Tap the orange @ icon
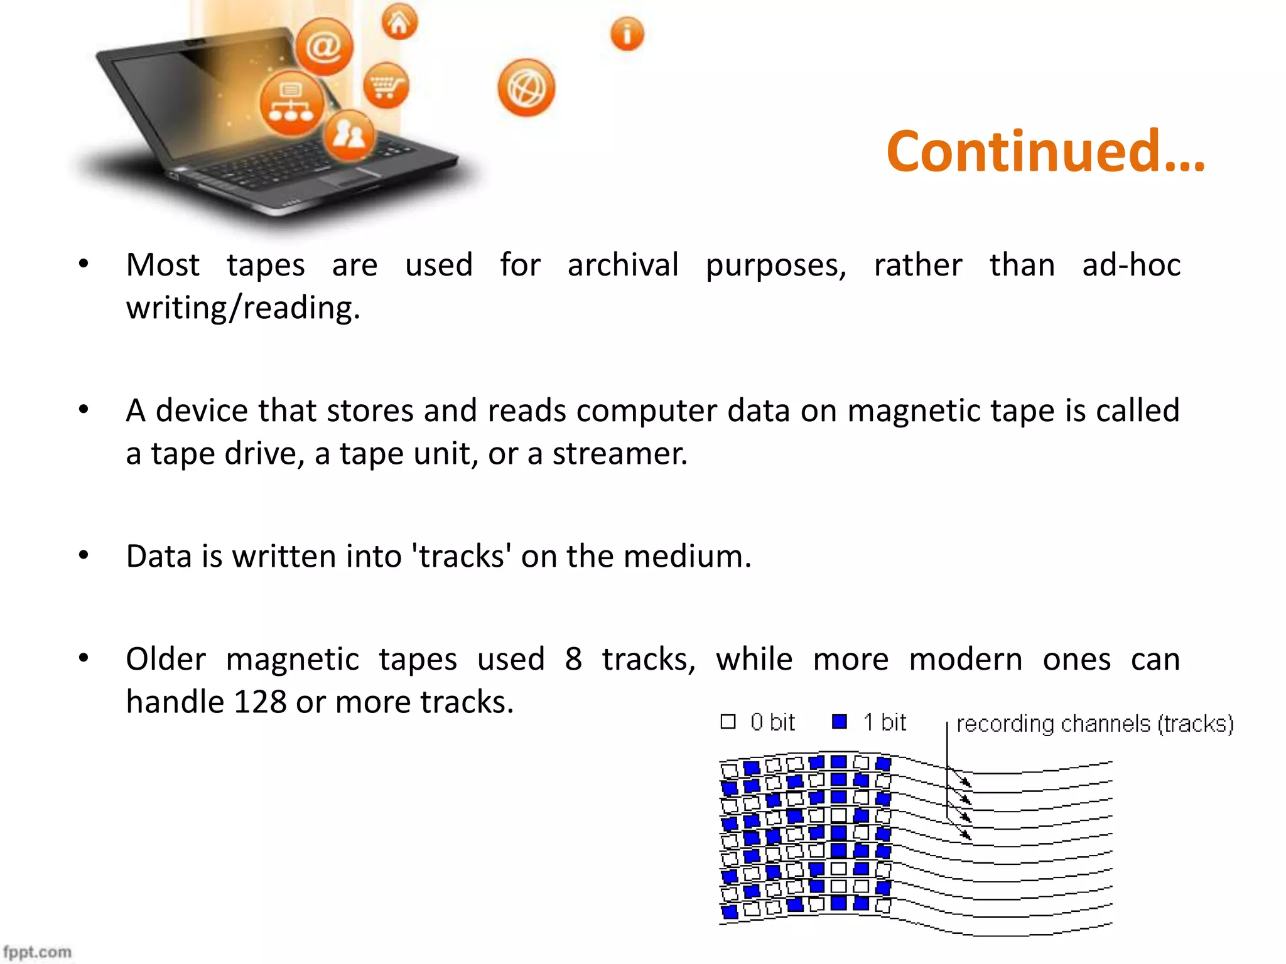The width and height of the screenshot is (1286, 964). [324, 47]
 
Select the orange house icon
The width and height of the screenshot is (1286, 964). [399, 23]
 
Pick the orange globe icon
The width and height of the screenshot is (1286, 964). [526, 88]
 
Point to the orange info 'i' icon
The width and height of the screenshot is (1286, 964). [627, 34]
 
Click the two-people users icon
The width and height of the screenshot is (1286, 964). [349, 135]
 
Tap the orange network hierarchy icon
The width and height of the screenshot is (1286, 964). [291, 104]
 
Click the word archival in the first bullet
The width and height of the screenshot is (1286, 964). [622, 264]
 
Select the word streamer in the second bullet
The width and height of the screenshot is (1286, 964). [619, 453]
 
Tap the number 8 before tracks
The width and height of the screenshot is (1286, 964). [573, 659]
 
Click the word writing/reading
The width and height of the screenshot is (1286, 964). [243, 308]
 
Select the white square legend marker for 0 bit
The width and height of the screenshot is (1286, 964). [728, 722]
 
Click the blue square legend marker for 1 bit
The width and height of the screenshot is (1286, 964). [839, 722]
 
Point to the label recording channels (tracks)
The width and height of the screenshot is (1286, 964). [1094, 724]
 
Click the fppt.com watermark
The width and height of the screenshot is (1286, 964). [37, 951]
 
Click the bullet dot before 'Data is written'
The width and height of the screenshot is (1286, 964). [84, 555]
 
